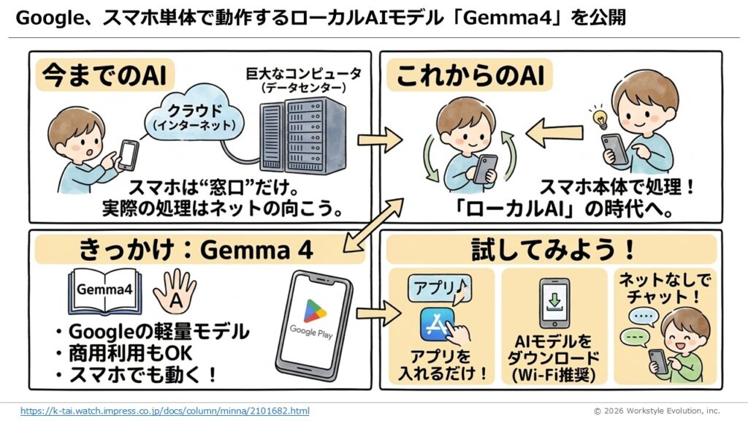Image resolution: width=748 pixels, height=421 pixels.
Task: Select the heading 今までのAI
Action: coord(93,74)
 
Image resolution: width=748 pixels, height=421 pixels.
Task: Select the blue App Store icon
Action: coord(437,324)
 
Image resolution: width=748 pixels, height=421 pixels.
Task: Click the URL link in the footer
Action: coord(164,411)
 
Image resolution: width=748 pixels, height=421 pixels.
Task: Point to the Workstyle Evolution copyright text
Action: coord(656,411)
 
